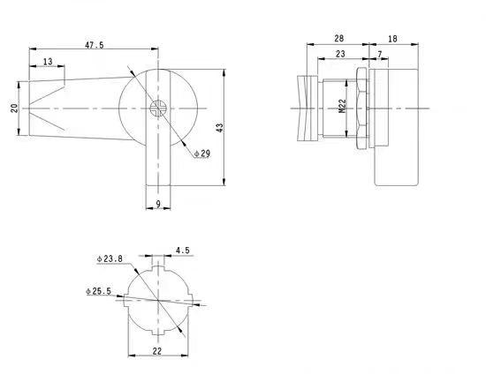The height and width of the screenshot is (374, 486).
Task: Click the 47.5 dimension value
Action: click(x=95, y=43)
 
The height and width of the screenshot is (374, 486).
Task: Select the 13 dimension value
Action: click(x=47, y=62)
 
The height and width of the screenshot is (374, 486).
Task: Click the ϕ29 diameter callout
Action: click(x=201, y=153)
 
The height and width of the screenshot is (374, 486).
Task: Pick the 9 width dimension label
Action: click(x=157, y=204)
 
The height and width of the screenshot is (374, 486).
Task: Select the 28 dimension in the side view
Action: click(x=339, y=39)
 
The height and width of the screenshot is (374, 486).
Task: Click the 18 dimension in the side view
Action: click(x=392, y=39)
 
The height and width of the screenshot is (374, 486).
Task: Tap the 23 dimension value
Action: click(x=340, y=55)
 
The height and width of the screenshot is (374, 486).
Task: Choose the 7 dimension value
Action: click(x=380, y=55)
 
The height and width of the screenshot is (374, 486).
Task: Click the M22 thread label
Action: click(x=342, y=109)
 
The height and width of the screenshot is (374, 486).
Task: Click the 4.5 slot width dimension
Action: click(x=181, y=250)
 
